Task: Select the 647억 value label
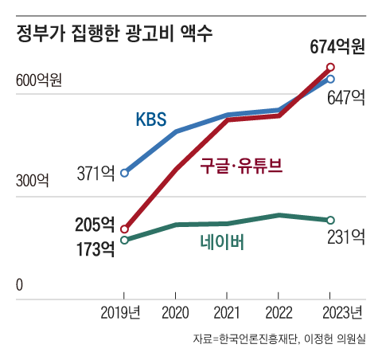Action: pyautogui.click(x=346, y=98)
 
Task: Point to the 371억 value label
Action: pyautogui.click(x=96, y=173)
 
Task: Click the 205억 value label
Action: pyautogui.click(x=95, y=225)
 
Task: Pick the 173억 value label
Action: pyautogui.click(x=95, y=249)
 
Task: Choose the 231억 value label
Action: pyautogui.click(x=346, y=236)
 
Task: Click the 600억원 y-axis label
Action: pyautogui.click(x=38, y=80)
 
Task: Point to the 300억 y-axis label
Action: pyautogui.click(x=32, y=181)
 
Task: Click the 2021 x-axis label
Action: pyautogui.click(x=228, y=311)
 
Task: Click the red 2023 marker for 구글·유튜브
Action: pyautogui.click(x=331, y=68)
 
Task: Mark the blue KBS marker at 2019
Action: pyautogui.click(x=124, y=172)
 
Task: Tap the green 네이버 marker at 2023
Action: pyautogui.click(x=331, y=220)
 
